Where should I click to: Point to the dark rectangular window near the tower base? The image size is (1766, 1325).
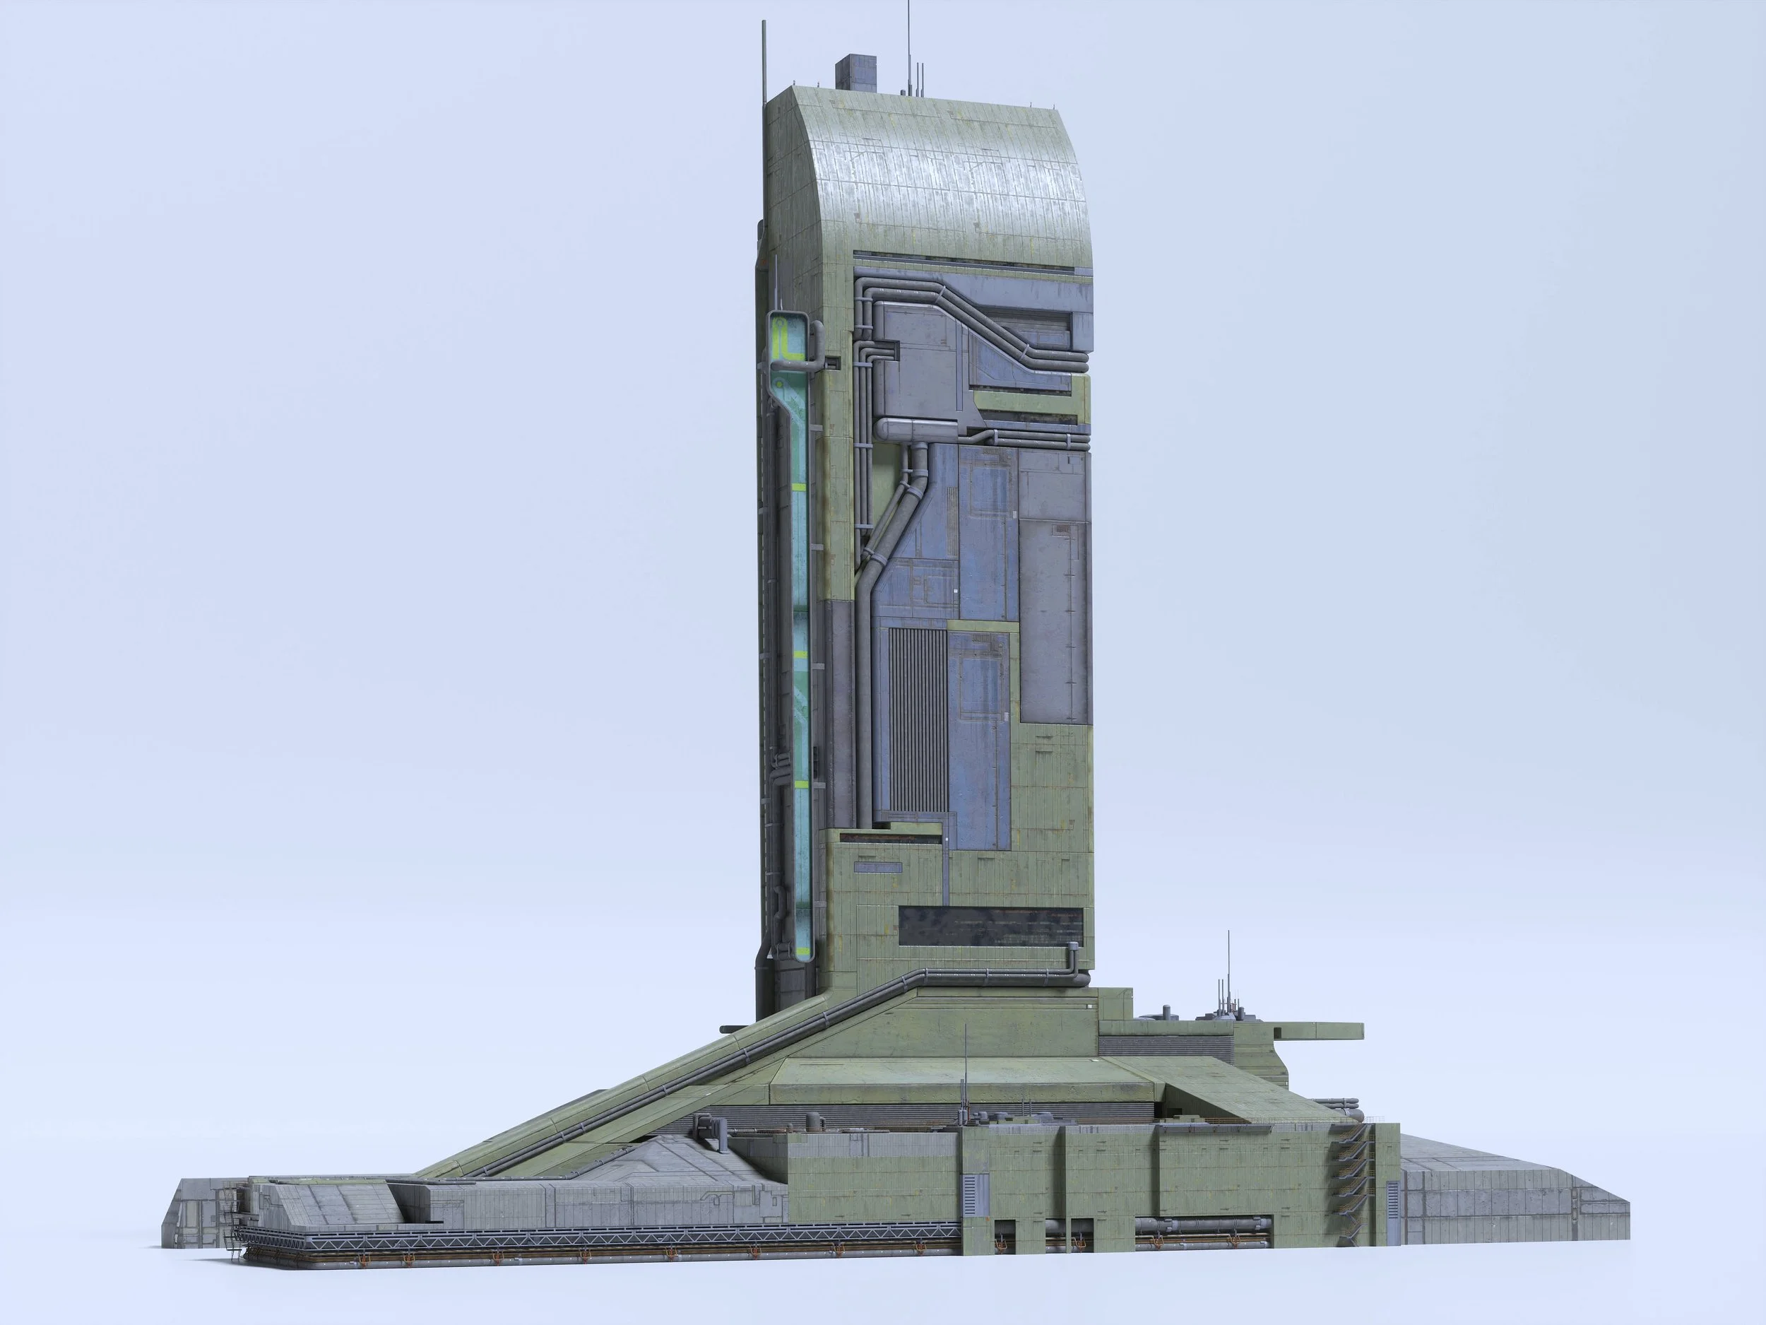click(990, 925)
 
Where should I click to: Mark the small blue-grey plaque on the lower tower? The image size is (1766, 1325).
click(877, 866)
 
